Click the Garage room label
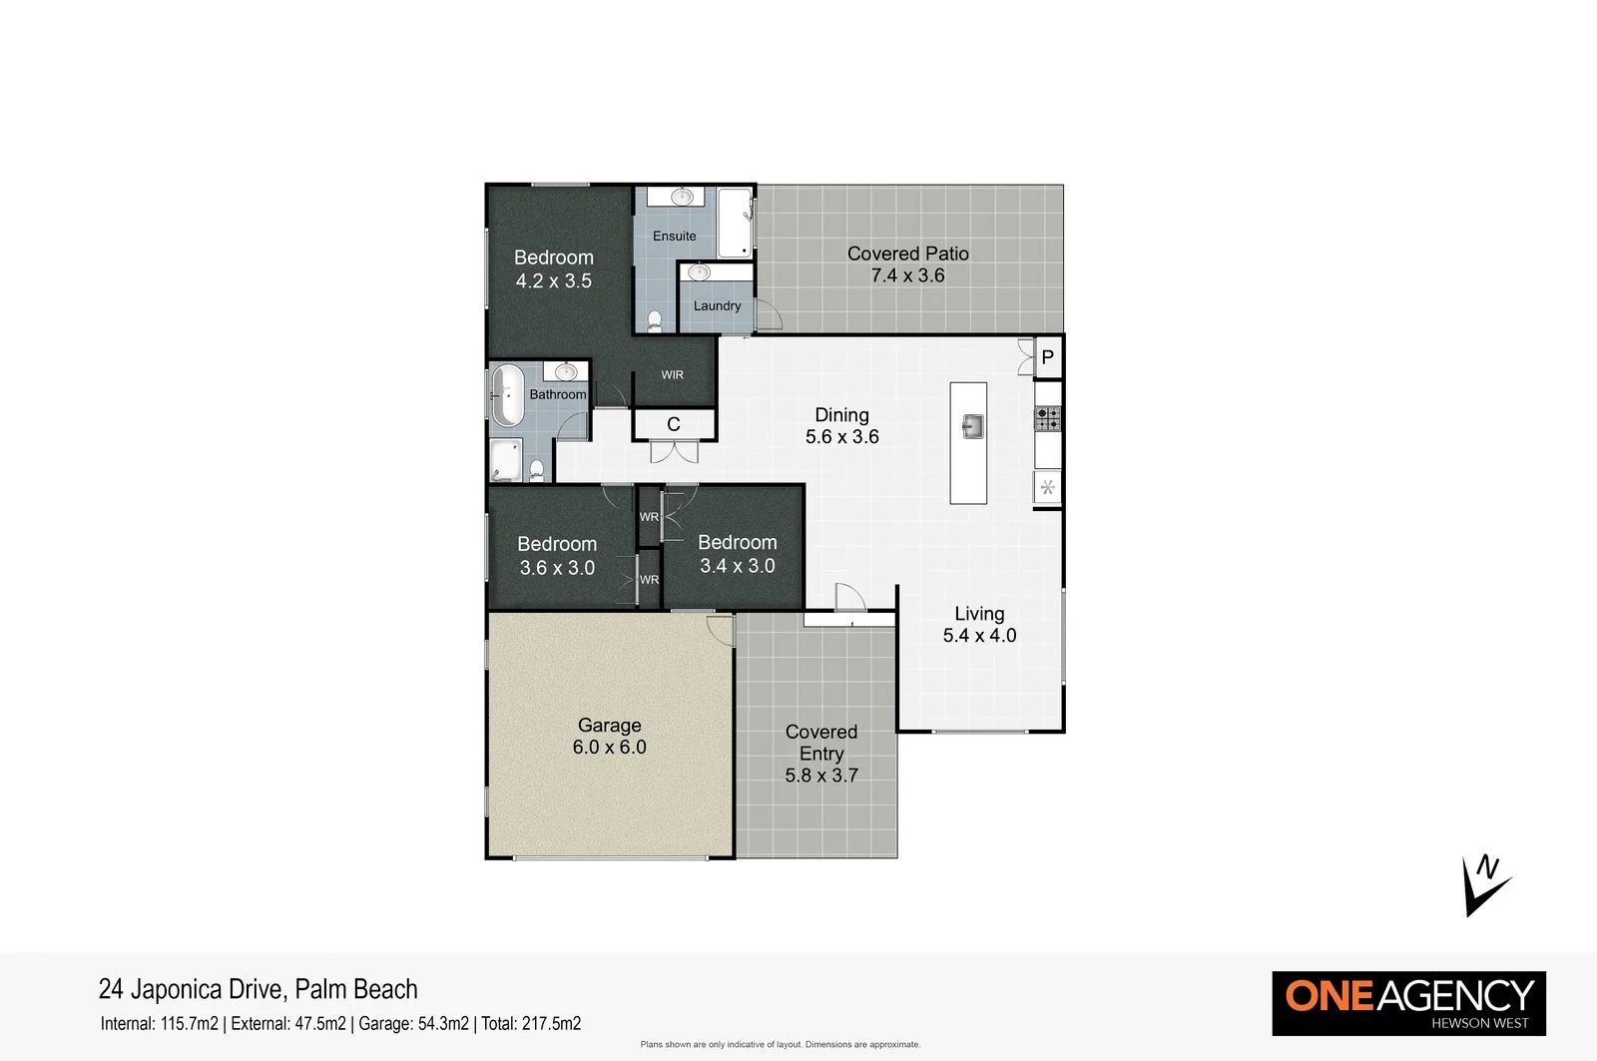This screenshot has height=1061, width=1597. tap(609, 726)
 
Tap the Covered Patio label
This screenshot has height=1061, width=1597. tap(907, 254)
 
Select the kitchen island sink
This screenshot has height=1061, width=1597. tap(973, 426)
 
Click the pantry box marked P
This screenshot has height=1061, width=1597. tap(1047, 357)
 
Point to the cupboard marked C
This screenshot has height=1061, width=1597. tap(674, 425)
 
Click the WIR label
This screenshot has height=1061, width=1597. tap(673, 375)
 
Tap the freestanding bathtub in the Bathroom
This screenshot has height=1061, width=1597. tap(507, 395)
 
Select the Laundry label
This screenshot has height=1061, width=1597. tap(717, 306)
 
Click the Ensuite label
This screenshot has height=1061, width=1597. tap(675, 237)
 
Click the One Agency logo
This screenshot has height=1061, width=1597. tap(1408, 1003)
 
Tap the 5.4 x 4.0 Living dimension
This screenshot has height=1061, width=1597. tap(979, 636)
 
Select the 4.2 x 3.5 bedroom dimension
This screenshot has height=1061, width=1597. tap(554, 281)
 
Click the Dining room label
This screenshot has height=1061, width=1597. tap(841, 415)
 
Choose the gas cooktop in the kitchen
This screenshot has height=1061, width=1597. tap(1047, 418)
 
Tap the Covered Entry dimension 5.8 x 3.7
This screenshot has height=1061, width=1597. tap(821, 776)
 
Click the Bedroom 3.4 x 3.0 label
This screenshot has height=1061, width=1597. tap(737, 543)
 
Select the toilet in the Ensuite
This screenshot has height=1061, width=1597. tap(655, 320)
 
